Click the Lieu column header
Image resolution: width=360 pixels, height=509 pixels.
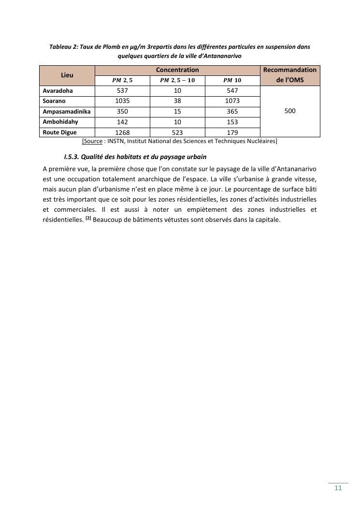click(67, 75)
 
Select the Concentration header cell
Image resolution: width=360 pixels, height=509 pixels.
click(177, 70)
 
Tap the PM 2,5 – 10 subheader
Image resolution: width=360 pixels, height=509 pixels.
click(177, 80)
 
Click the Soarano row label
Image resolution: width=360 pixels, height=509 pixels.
click(54, 101)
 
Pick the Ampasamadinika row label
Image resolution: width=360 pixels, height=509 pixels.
click(67, 112)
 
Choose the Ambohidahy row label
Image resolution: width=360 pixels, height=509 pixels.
click(60, 122)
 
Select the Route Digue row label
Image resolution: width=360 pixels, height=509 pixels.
click(59, 132)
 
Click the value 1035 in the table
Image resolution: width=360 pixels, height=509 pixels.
click(122, 101)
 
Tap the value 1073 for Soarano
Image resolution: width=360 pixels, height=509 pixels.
click(232, 101)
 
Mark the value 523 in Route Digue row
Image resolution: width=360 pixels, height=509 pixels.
click(177, 132)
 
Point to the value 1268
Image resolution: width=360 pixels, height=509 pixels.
click(122, 132)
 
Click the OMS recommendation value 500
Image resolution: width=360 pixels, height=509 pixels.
click(290, 111)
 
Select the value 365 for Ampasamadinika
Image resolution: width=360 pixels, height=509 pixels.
click(232, 112)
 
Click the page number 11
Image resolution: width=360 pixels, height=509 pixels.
click(338, 488)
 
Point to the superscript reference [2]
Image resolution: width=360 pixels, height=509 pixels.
click(88, 218)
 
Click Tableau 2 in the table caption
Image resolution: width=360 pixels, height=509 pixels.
click(64, 47)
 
